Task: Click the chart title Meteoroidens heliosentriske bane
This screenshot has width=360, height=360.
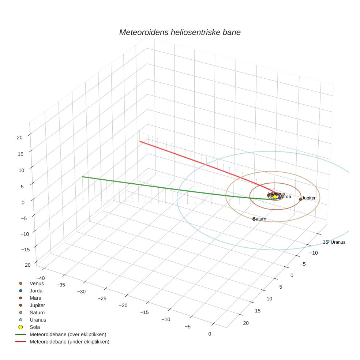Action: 180,32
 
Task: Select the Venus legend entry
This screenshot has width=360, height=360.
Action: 37,283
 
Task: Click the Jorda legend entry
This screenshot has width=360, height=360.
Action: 36,290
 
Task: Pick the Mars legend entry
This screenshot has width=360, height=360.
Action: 35,298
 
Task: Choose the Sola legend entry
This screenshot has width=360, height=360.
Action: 35,327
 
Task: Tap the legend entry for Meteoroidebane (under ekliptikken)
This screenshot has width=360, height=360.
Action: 70,342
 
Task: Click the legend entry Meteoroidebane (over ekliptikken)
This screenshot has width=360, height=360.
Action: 68,334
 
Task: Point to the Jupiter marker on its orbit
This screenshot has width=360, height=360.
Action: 300,199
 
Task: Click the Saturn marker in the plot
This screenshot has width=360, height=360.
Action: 254,219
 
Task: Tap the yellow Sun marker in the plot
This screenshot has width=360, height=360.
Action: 275,197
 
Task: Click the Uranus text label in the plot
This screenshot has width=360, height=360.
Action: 338,242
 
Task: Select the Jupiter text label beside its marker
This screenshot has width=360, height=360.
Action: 309,198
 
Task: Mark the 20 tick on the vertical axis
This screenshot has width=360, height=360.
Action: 20,138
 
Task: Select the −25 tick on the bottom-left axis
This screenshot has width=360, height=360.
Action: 102,299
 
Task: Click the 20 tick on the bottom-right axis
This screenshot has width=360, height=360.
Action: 245,323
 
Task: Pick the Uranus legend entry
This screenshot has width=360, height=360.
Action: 38,320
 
